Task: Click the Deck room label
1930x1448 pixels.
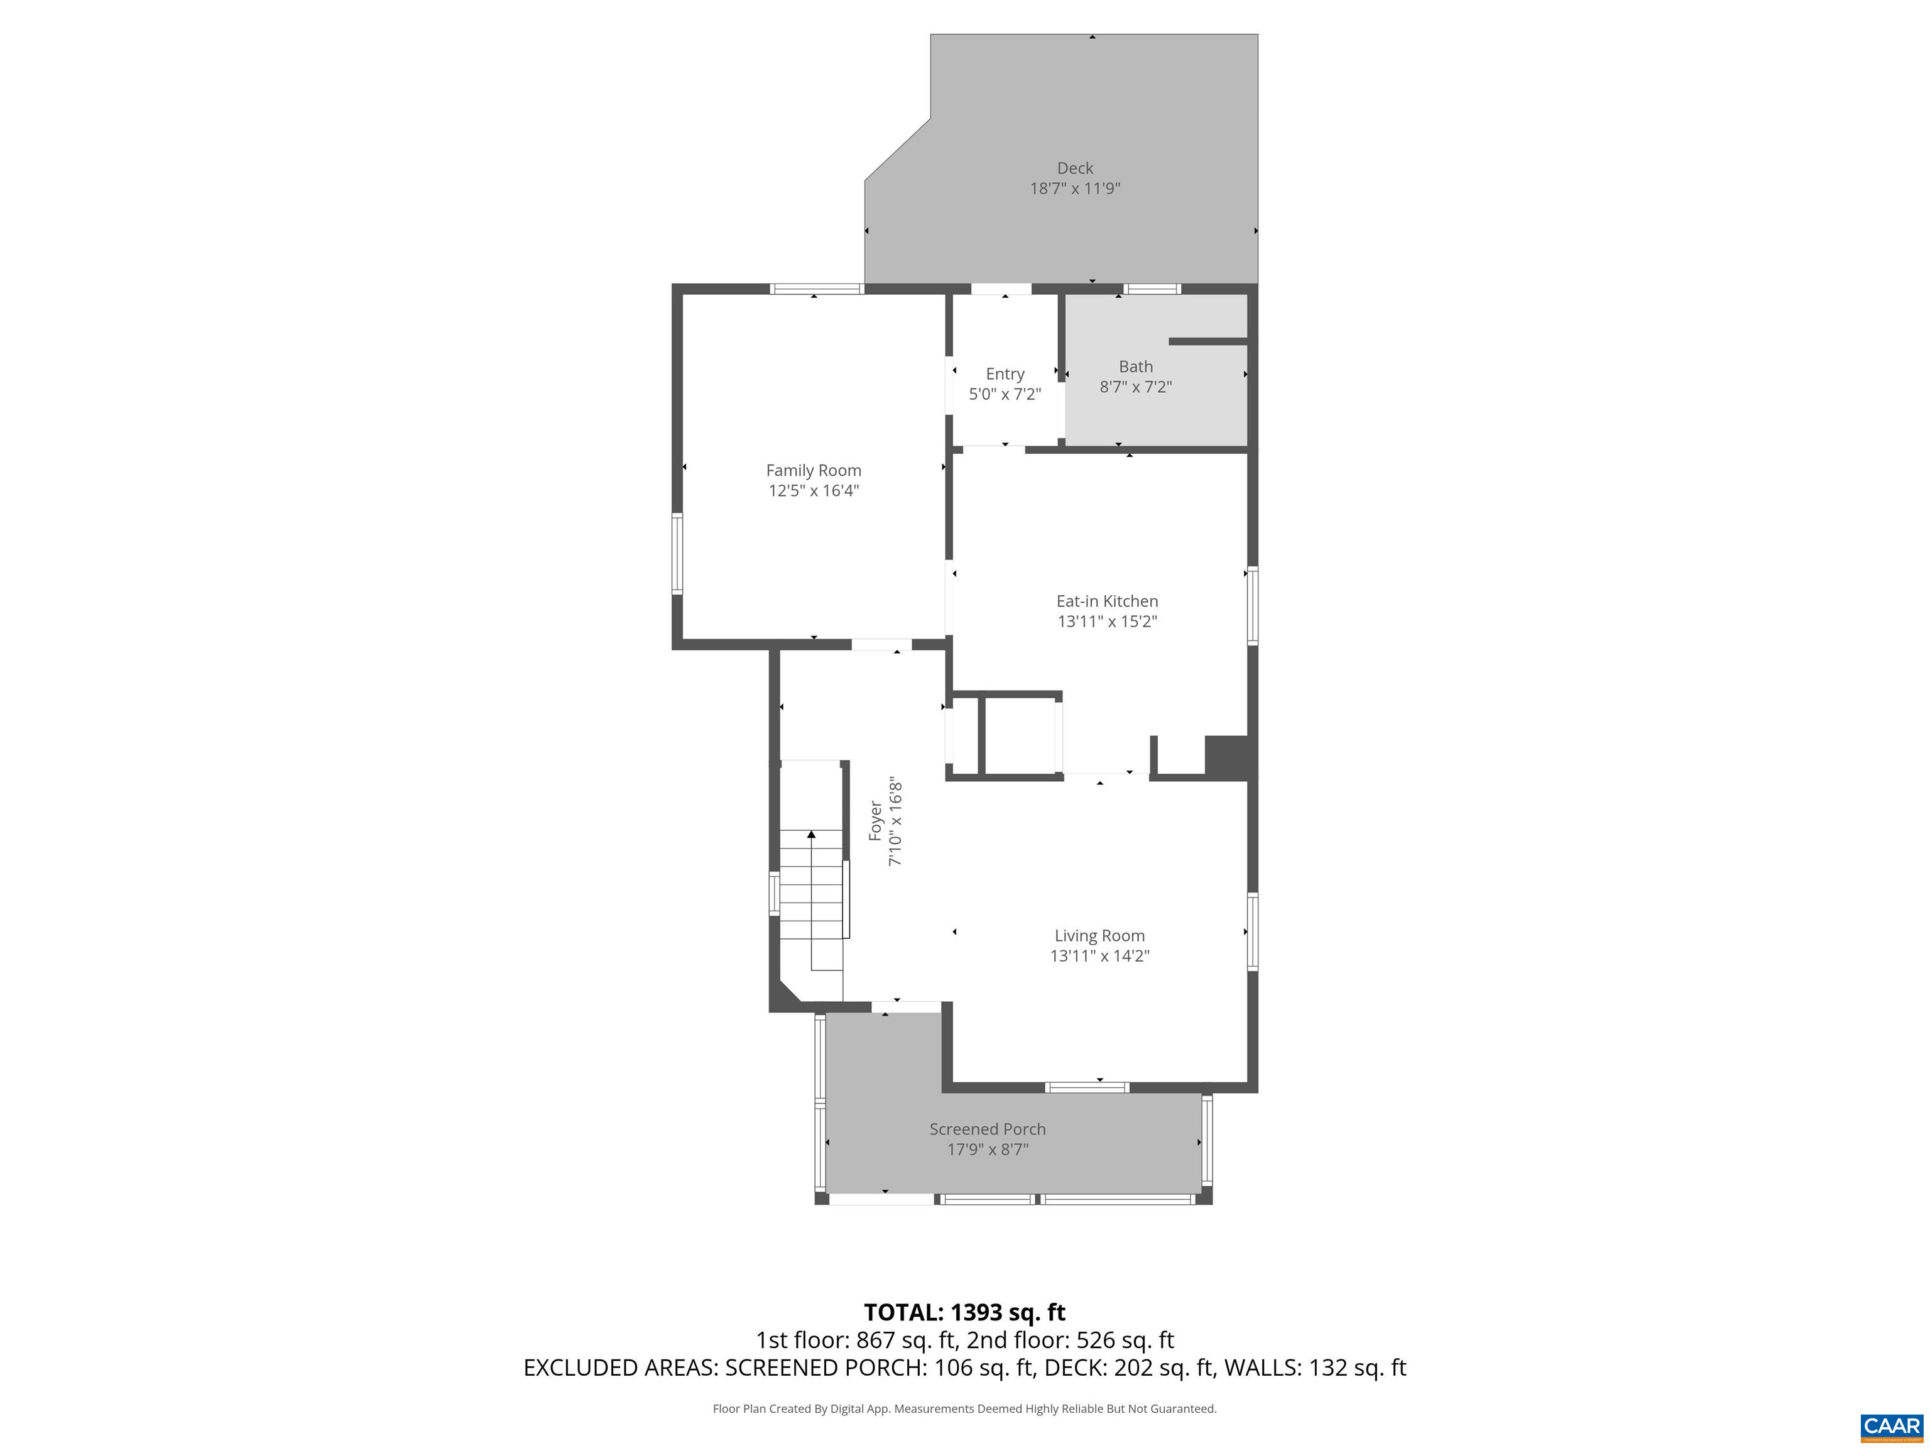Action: (x=1074, y=168)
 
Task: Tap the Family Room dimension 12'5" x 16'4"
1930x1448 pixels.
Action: (x=813, y=490)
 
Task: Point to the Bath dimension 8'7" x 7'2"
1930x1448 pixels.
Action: (x=1135, y=387)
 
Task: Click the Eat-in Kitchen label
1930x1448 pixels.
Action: (x=1106, y=600)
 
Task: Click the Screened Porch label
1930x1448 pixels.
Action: (x=987, y=1129)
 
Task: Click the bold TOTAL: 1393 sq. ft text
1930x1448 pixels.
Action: (x=964, y=1312)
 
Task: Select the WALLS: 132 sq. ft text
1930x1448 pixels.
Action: (x=1315, y=1368)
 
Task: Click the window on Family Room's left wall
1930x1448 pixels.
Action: (x=676, y=554)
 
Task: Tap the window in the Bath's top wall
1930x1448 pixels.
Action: (x=1152, y=289)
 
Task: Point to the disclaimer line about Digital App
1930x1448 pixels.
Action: (x=964, y=1408)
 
